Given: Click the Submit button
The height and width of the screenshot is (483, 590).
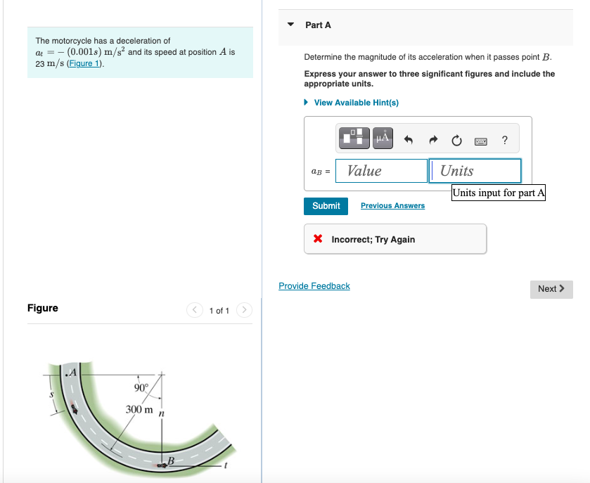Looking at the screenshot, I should [x=326, y=206].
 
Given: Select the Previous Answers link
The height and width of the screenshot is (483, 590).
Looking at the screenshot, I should [x=392, y=206].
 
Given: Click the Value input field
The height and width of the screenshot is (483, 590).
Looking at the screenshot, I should [x=381, y=171].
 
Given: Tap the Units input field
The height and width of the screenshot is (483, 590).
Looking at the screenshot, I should [x=475, y=171].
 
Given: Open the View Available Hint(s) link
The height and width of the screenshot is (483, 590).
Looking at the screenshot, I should [x=356, y=103].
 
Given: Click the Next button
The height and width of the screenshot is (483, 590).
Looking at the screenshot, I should [x=551, y=289].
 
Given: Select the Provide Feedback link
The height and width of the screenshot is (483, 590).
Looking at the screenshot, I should [x=314, y=286].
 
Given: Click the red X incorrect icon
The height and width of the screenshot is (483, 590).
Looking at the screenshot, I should [x=318, y=240].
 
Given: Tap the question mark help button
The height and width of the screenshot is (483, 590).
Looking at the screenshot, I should [x=505, y=140].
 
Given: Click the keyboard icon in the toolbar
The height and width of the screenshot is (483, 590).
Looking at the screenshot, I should [x=481, y=141].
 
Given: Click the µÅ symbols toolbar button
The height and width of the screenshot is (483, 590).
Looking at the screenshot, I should [x=383, y=139].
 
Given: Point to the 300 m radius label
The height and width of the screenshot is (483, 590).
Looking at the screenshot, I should [x=139, y=409].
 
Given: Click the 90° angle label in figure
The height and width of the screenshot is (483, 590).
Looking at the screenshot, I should [x=141, y=388].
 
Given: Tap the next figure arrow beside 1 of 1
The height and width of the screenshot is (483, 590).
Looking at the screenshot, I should [x=244, y=310].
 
